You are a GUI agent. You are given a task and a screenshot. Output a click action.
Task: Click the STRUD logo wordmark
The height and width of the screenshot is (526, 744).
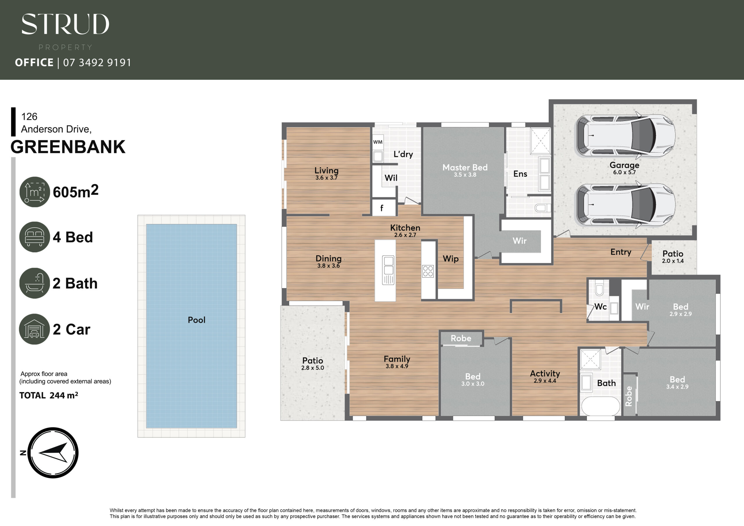(x=65, y=24)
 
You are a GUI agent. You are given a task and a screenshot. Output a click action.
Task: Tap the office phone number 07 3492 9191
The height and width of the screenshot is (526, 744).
(x=97, y=62)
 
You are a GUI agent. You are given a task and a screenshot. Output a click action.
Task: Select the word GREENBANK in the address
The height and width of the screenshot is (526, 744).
(x=68, y=147)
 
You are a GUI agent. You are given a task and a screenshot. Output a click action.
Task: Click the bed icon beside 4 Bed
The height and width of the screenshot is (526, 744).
(x=35, y=237)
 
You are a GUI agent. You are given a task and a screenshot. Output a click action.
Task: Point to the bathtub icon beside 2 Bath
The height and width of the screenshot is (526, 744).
(x=35, y=283)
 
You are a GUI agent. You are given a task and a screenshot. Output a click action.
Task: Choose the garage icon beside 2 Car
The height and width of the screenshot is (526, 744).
(x=35, y=329)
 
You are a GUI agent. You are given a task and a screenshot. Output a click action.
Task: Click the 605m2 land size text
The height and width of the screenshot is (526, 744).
(x=76, y=191)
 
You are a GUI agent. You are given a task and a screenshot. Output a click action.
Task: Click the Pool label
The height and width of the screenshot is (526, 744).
(x=196, y=320)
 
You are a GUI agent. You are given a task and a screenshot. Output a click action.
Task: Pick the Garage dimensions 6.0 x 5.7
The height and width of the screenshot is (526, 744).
(x=625, y=172)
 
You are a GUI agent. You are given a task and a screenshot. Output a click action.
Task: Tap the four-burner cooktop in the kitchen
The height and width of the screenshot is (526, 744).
(x=428, y=271)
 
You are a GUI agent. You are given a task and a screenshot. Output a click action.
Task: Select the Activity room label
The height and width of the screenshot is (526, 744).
(x=545, y=373)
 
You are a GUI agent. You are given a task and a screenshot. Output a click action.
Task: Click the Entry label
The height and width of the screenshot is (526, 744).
(x=621, y=252)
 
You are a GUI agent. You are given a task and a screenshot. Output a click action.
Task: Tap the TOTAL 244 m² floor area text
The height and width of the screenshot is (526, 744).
(x=49, y=396)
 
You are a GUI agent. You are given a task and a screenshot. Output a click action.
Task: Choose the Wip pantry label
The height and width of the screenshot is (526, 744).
(x=451, y=259)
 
